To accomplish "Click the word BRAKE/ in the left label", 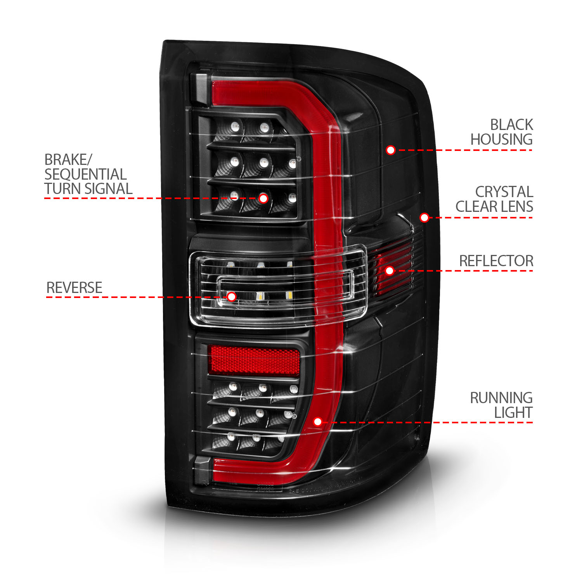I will click(68, 159).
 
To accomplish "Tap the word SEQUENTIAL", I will click(85, 174).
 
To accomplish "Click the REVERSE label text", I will click(74, 288).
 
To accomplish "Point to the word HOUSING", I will click(501, 139).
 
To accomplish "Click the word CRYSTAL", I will click(504, 192).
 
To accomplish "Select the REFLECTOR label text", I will click(496, 261).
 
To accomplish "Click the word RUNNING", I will click(501, 398).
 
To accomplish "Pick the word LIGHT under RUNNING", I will click(513, 413).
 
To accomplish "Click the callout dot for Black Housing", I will click(391, 150).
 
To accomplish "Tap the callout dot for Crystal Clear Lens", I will click(424, 217).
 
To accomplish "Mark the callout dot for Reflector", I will click(390, 270).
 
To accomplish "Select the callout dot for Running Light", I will click(318, 422).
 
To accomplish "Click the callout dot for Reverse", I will click(232, 297).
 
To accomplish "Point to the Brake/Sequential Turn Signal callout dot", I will click(263, 198).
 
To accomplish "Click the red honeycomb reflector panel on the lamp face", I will click(254, 360).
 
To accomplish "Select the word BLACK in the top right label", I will click(511, 125).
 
